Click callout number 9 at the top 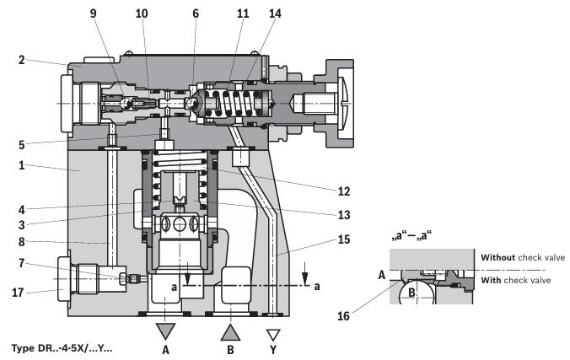[x=94, y=13]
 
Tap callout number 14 [x=275, y=13]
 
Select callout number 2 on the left [x=22, y=60]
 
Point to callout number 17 [x=18, y=293]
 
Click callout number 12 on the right [x=344, y=191]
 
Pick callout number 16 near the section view [x=343, y=316]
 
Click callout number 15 [x=344, y=239]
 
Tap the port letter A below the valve [x=165, y=350]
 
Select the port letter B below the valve [x=230, y=350]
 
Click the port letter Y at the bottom [x=273, y=350]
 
